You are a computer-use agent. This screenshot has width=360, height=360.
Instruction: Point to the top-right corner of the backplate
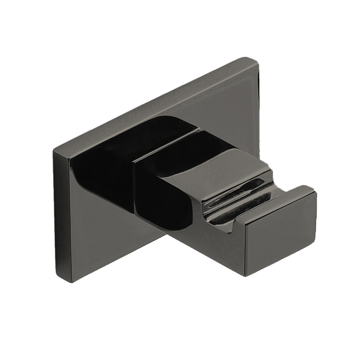click(x=257, y=60)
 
